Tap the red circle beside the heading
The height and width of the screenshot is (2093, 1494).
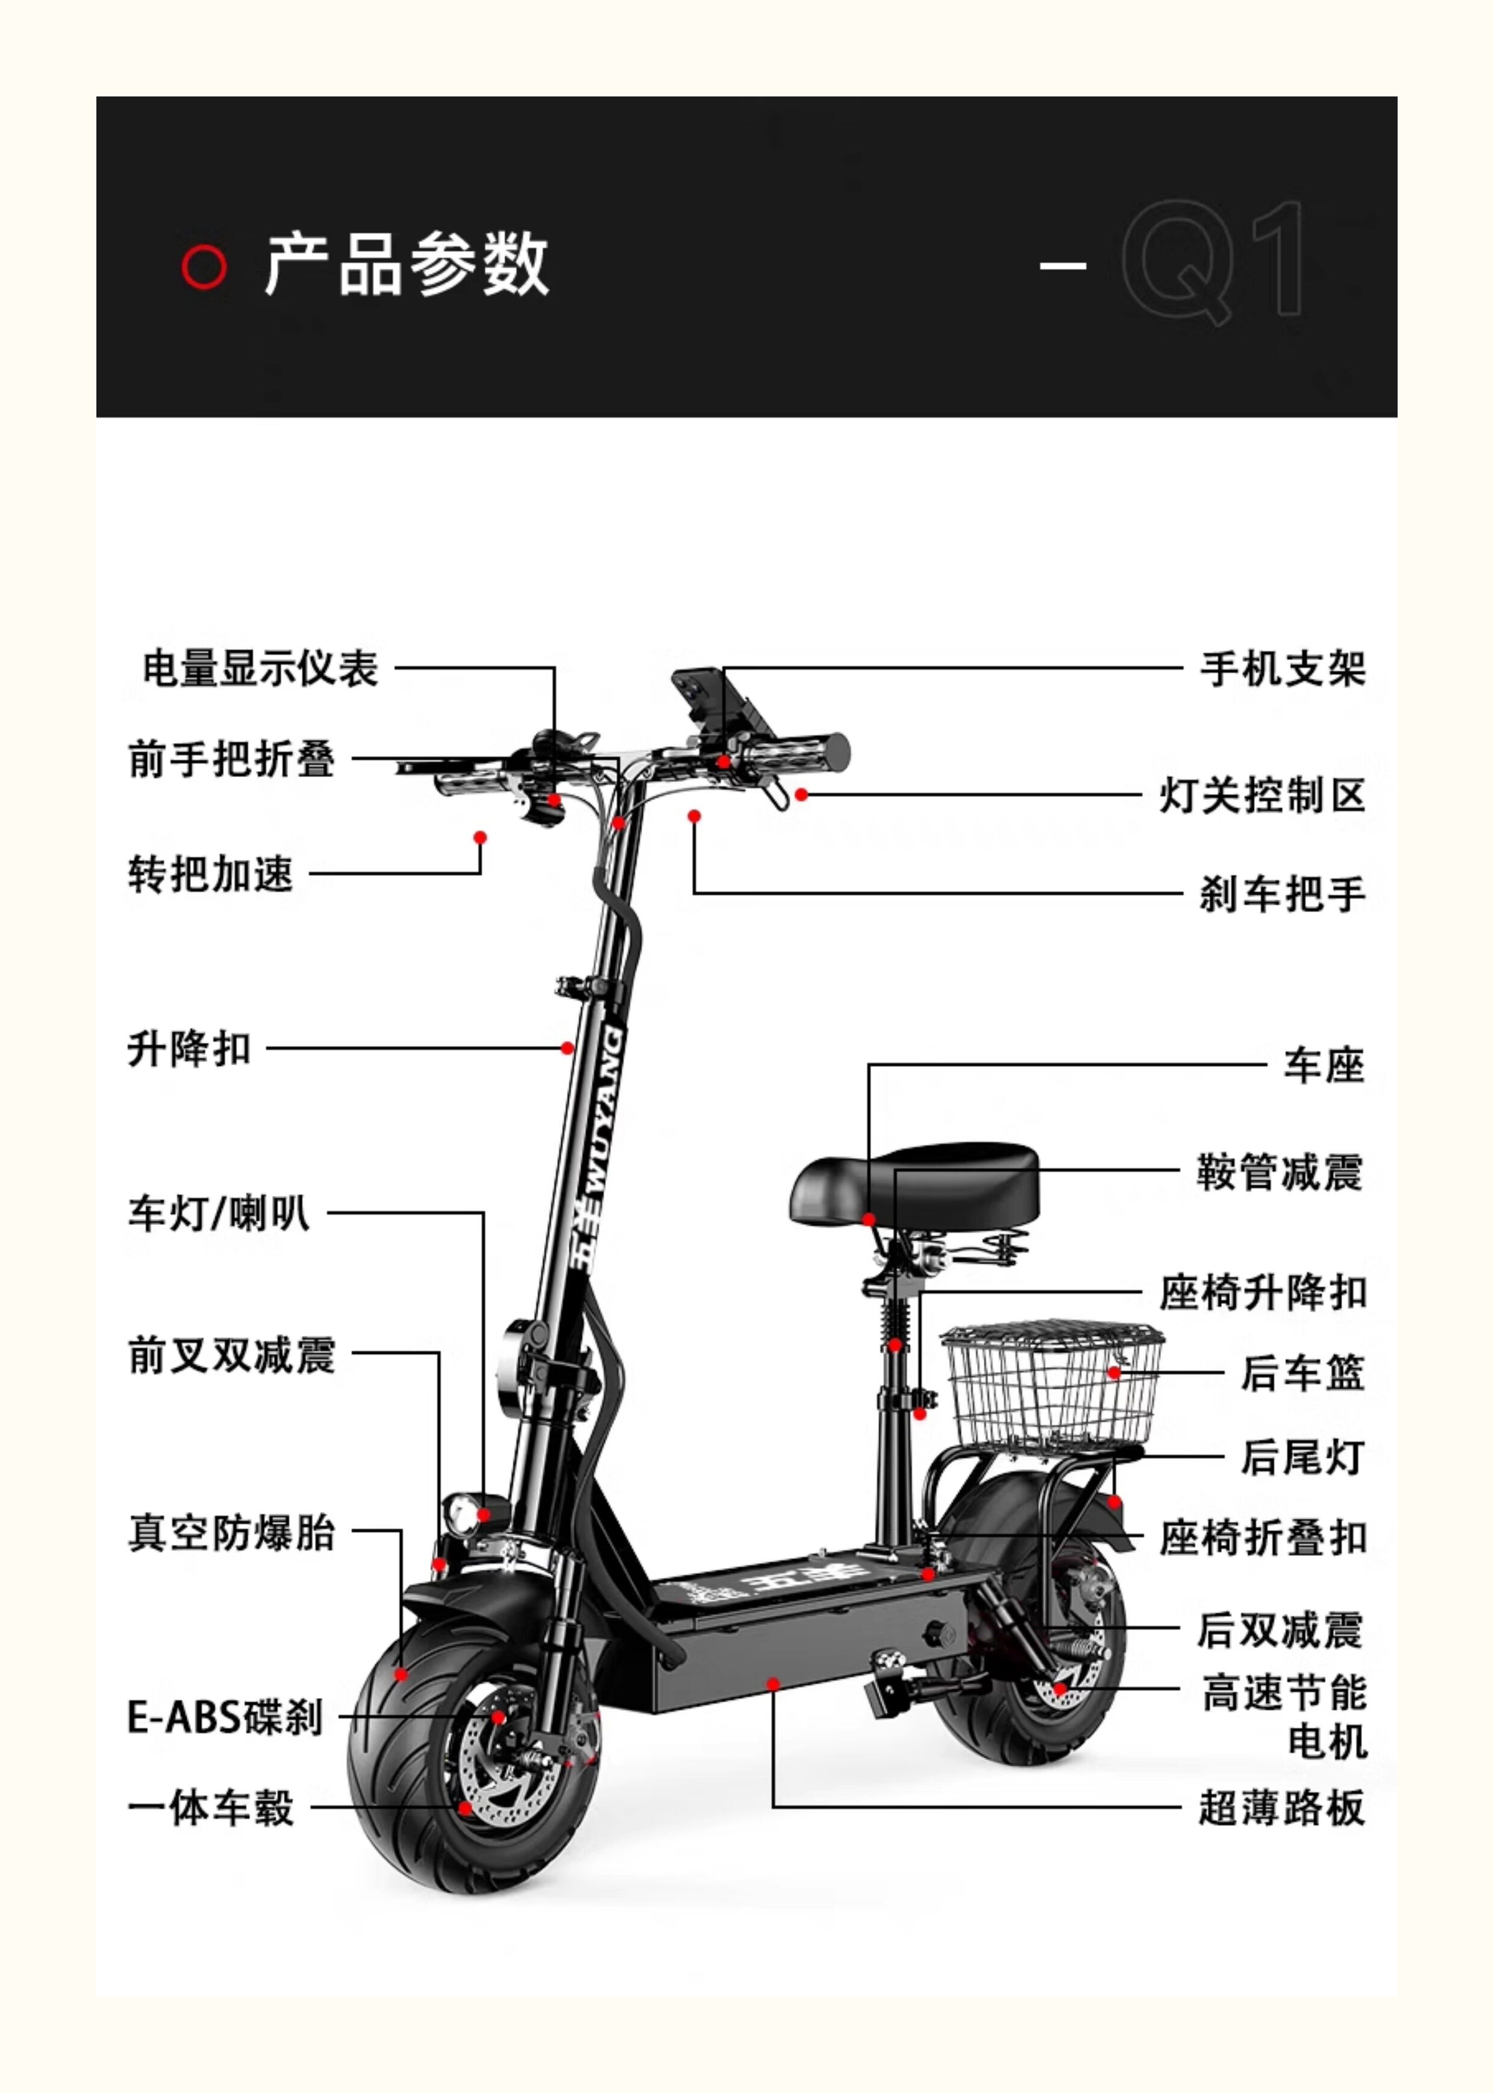[204, 267]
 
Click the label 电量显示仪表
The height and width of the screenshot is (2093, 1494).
[260, 669]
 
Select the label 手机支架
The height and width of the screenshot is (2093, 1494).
[1283, 669]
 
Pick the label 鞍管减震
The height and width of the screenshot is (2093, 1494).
[1280, 1172]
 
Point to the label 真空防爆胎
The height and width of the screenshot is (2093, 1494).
[232, 1534]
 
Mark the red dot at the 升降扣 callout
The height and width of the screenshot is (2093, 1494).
[567, 1048]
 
